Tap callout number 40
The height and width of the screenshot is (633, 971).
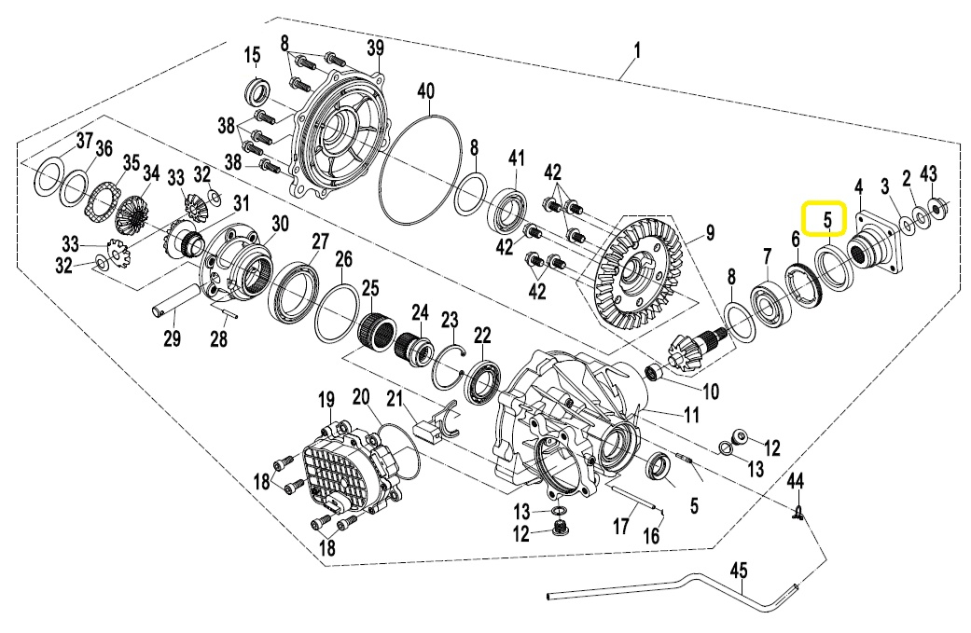point(425,91)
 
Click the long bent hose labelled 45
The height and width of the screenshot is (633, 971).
point(672,586)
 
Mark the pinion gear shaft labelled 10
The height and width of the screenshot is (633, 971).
point(686,353)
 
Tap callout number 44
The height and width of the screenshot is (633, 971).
point(795,481)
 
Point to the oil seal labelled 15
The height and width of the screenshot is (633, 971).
point(257,92)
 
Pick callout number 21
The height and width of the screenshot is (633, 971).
point(395,400)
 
